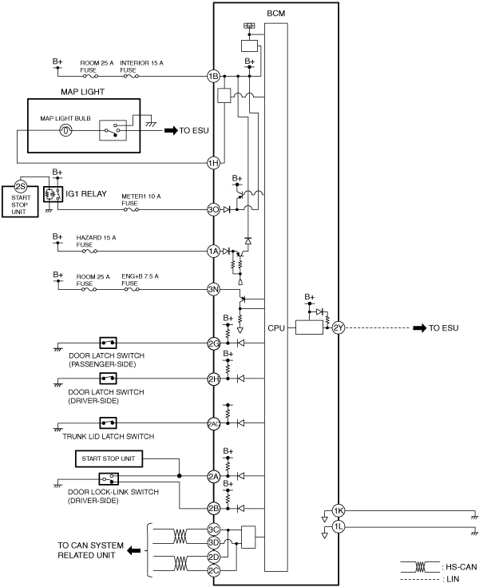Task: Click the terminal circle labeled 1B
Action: (x=213, y=77)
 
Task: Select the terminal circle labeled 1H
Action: (x=213, y=163)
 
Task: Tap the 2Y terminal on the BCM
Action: (x=338, y=328)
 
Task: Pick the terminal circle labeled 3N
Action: (x=213, y=289)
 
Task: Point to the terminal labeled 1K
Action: (x=338, y=510)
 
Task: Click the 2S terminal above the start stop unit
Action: (x=20, y=186)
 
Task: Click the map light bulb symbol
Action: (x=65, y=131)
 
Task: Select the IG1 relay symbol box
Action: (x=53, y=194)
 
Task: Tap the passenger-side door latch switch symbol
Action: (x=108, y=343)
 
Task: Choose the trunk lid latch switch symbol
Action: (x=108, y=423)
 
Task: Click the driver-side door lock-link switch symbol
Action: (x=109, y=479)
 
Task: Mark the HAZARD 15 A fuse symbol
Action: (x=89, y=252)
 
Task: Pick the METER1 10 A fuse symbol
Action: (x=131, y=209)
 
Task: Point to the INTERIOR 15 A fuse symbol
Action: (x=131, y=77)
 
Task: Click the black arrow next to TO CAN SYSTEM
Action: (x=134, y=550)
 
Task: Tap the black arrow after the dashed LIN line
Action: (x=420, y=328)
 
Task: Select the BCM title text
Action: (x=276, y=14)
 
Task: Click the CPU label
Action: (x=276, y=328)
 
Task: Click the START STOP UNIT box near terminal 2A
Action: (x=109, y=458)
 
